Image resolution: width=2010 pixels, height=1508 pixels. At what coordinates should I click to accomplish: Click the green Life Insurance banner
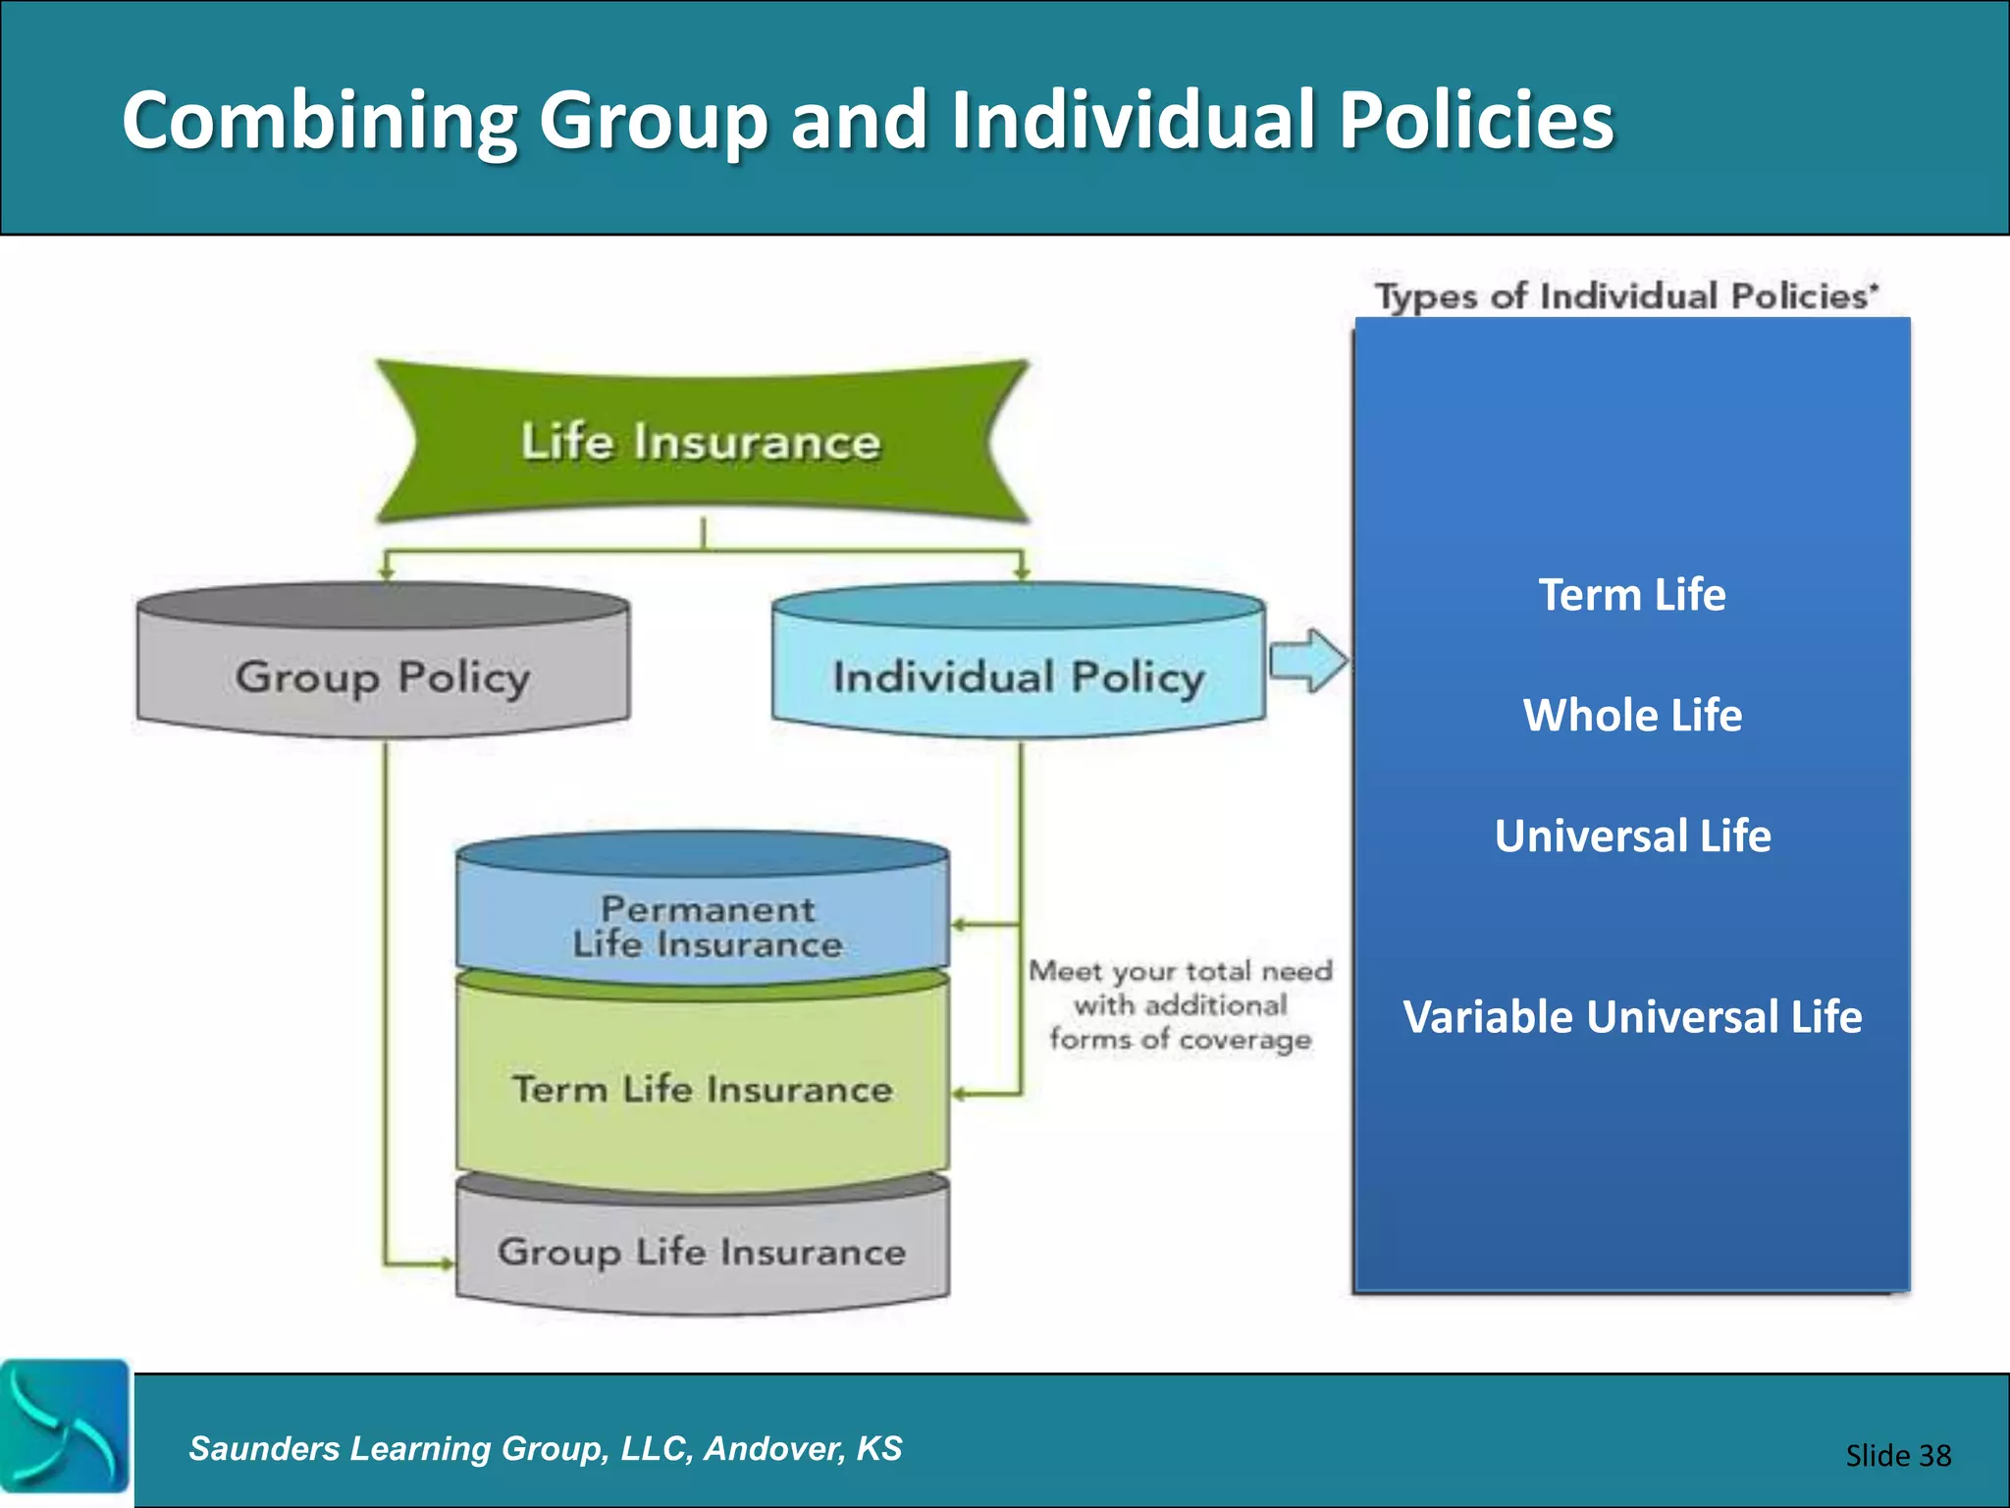701,441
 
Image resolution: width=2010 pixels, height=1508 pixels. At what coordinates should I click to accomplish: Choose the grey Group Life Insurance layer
703,1251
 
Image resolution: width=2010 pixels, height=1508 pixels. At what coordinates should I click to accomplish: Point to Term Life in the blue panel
1631,595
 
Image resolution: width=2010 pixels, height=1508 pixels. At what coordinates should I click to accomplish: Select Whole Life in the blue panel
1631,715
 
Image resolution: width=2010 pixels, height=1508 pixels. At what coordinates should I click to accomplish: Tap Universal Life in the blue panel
1631,835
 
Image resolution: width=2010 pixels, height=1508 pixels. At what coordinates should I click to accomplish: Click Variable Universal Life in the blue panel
1631,1016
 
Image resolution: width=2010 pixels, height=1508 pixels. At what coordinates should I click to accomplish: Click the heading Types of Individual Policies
1625,296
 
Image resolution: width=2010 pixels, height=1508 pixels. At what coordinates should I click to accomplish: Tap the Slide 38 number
1897,1455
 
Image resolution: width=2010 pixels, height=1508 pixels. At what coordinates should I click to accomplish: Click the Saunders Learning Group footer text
545,1448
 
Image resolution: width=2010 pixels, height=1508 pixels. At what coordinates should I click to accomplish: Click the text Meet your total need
1180,971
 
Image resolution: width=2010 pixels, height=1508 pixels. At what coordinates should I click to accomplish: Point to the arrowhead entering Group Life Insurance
447,1264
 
